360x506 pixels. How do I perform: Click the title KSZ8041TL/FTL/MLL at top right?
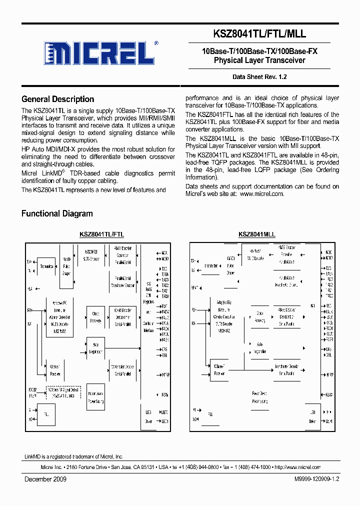259,33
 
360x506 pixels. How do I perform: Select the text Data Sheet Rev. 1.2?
259,77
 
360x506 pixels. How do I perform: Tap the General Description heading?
58,99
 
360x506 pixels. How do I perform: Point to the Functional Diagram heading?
57,213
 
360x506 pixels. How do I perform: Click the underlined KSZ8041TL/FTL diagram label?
102,234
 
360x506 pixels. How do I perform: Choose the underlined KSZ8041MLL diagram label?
257,234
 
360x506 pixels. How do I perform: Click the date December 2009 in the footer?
45,479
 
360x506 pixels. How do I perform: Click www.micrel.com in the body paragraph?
262,194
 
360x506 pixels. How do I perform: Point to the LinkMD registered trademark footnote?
74,456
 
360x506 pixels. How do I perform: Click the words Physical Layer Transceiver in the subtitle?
259,60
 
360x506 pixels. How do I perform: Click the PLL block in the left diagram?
46,414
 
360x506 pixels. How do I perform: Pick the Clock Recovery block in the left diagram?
95,317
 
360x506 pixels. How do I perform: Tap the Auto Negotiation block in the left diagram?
95,349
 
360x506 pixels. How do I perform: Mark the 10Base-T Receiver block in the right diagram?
219,370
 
